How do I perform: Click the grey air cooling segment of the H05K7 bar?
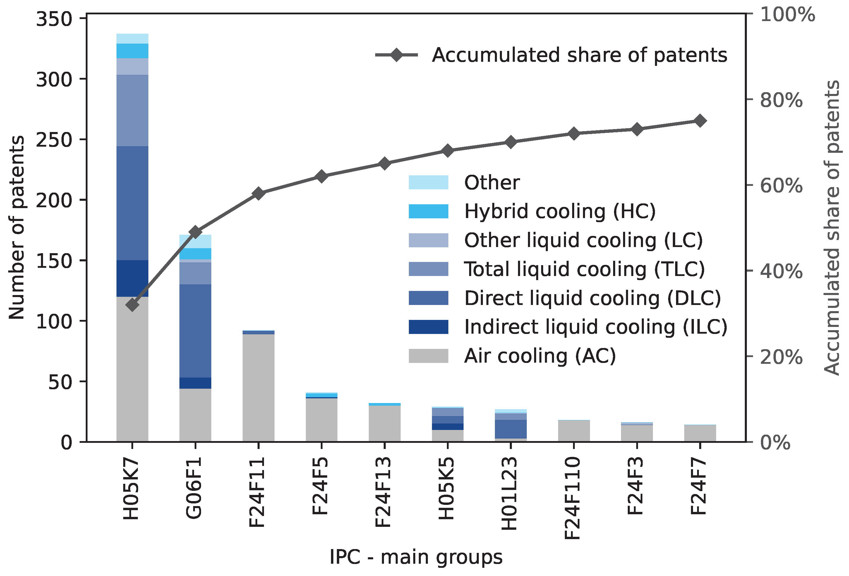pos(132,369)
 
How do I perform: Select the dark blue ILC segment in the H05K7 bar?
pos(132,278)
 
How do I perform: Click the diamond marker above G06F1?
pos(195,232)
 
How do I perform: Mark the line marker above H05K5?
pos(447,151)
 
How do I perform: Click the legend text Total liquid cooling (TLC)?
pos(584,269)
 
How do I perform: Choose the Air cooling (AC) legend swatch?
pos(428,356)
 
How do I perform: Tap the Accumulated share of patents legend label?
pos(579,55)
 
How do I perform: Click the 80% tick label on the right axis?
pos(781,100)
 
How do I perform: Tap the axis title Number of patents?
pos(17,227)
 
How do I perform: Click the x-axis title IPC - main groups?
pos(416,557)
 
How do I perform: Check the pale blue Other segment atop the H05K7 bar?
pos(132,38)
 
